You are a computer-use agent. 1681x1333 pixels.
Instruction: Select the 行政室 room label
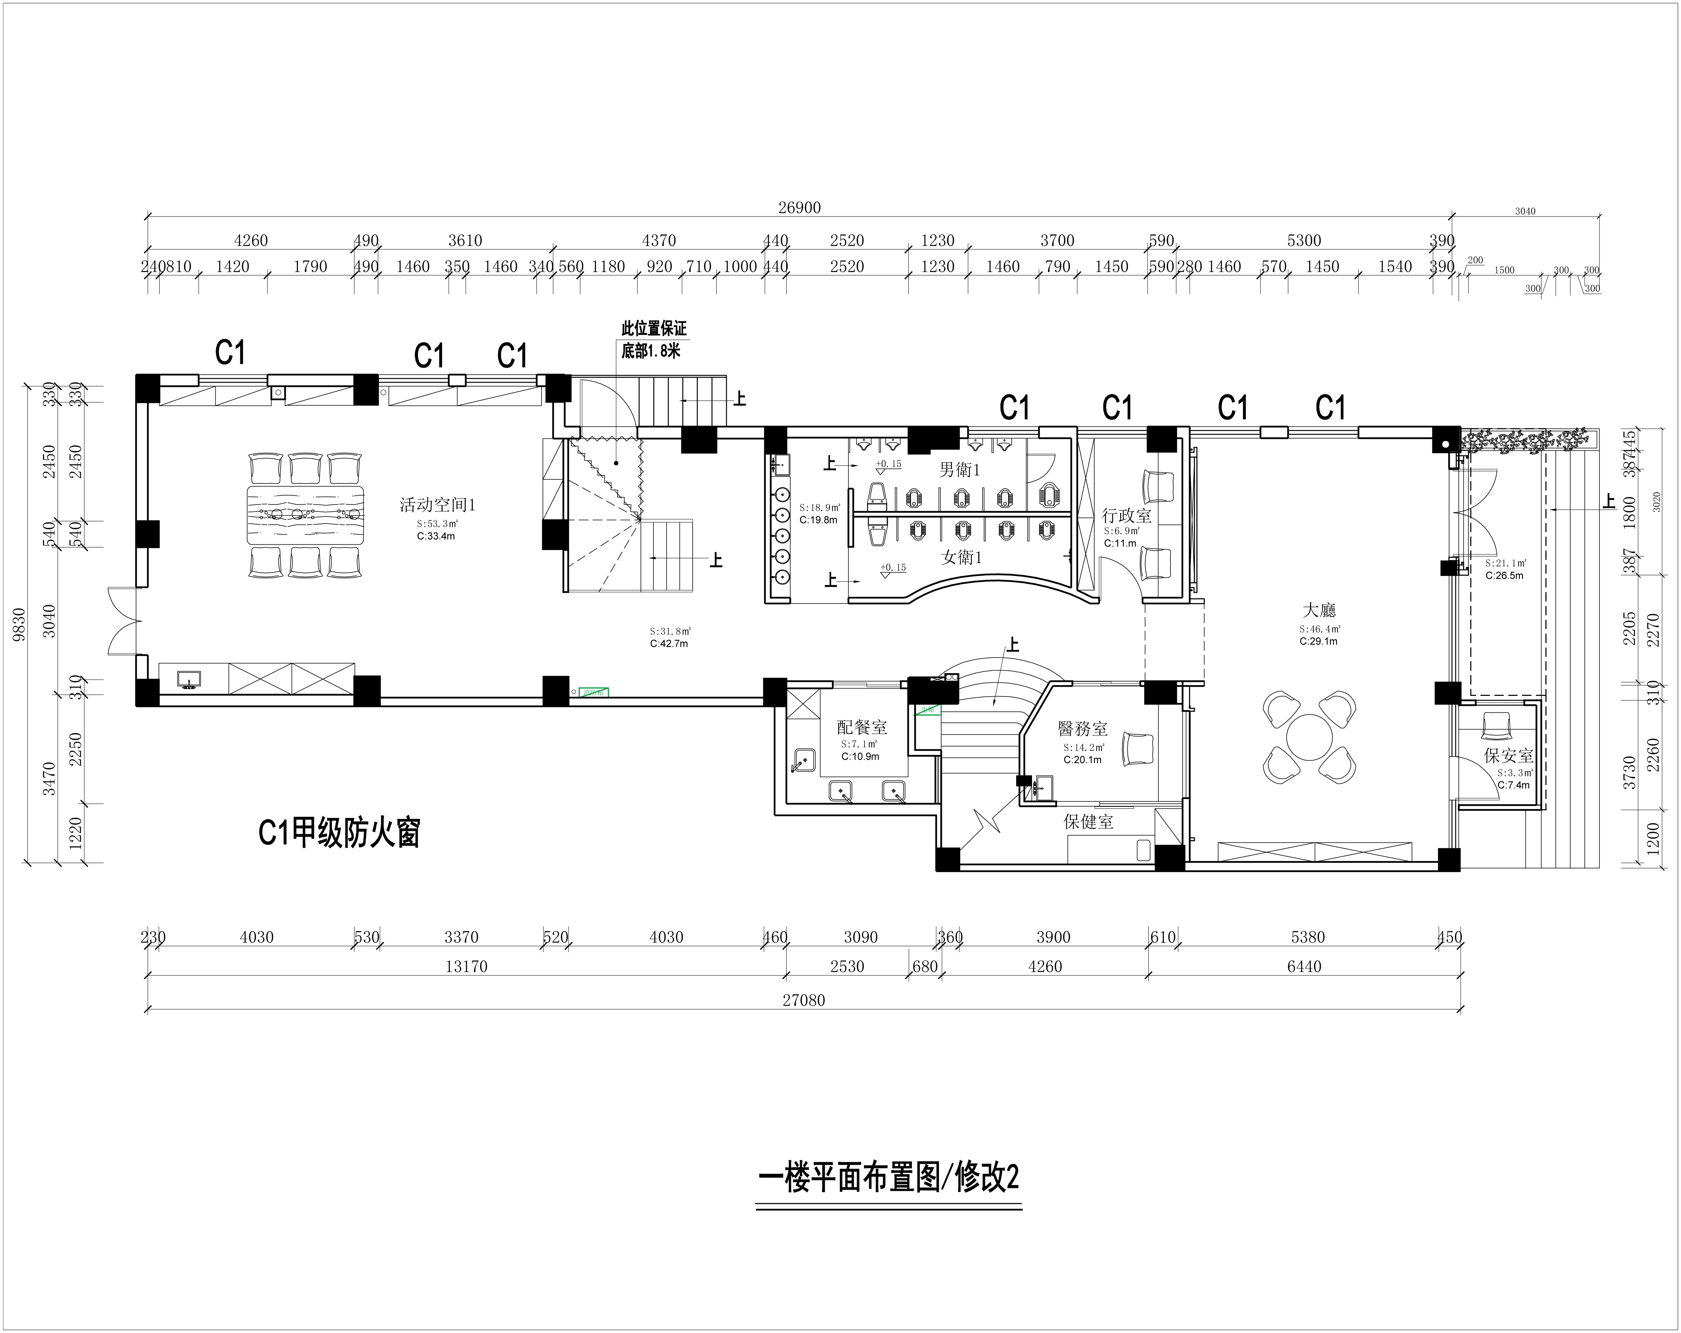[x=1126, y=516]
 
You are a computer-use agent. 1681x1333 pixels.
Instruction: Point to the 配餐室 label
[x=862, y=727]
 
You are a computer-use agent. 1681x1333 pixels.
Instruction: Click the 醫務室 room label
[x=1082, y=728]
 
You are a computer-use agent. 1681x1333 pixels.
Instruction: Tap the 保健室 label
[x=1088, y=821]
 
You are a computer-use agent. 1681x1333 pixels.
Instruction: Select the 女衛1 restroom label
[x=961, y=557]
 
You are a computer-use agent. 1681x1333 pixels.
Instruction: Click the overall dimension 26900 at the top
[x=799, y=208]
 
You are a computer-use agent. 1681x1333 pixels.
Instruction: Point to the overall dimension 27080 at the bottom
[x=803, y=1000]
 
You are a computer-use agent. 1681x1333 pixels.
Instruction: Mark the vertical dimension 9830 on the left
[x=19, y=624]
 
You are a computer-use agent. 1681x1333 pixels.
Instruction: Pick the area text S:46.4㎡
[x=1319, y=629]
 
